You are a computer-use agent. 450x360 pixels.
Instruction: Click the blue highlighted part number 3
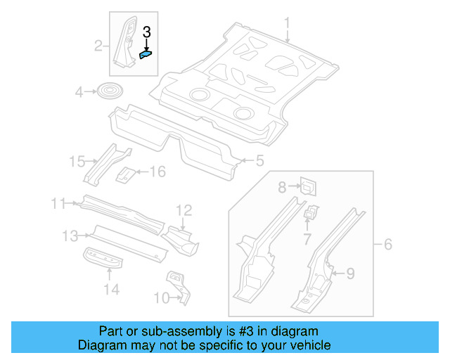(x=147, y=52)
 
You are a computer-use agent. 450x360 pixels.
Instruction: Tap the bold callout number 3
(x=146, y=32)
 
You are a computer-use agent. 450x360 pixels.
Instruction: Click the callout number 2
(x=98, y=46)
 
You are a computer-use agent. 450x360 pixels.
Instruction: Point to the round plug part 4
(x=108, y=91)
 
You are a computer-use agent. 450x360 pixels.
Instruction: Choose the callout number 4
(x=79, y=91)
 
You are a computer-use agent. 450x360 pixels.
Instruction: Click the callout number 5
(x=259, y=161)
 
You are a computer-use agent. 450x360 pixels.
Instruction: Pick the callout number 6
(x=387, y=245)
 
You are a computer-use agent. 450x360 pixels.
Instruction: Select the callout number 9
(x=351, y=273)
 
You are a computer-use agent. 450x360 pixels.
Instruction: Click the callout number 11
(x=58, y=204)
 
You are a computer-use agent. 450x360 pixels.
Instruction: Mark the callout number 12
(x=184, y=210)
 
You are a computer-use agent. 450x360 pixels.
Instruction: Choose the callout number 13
(x=70, y=236)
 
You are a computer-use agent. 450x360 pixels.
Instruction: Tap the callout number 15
(x=77, y=162)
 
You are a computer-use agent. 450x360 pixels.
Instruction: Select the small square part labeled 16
(x=125, y=173)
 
